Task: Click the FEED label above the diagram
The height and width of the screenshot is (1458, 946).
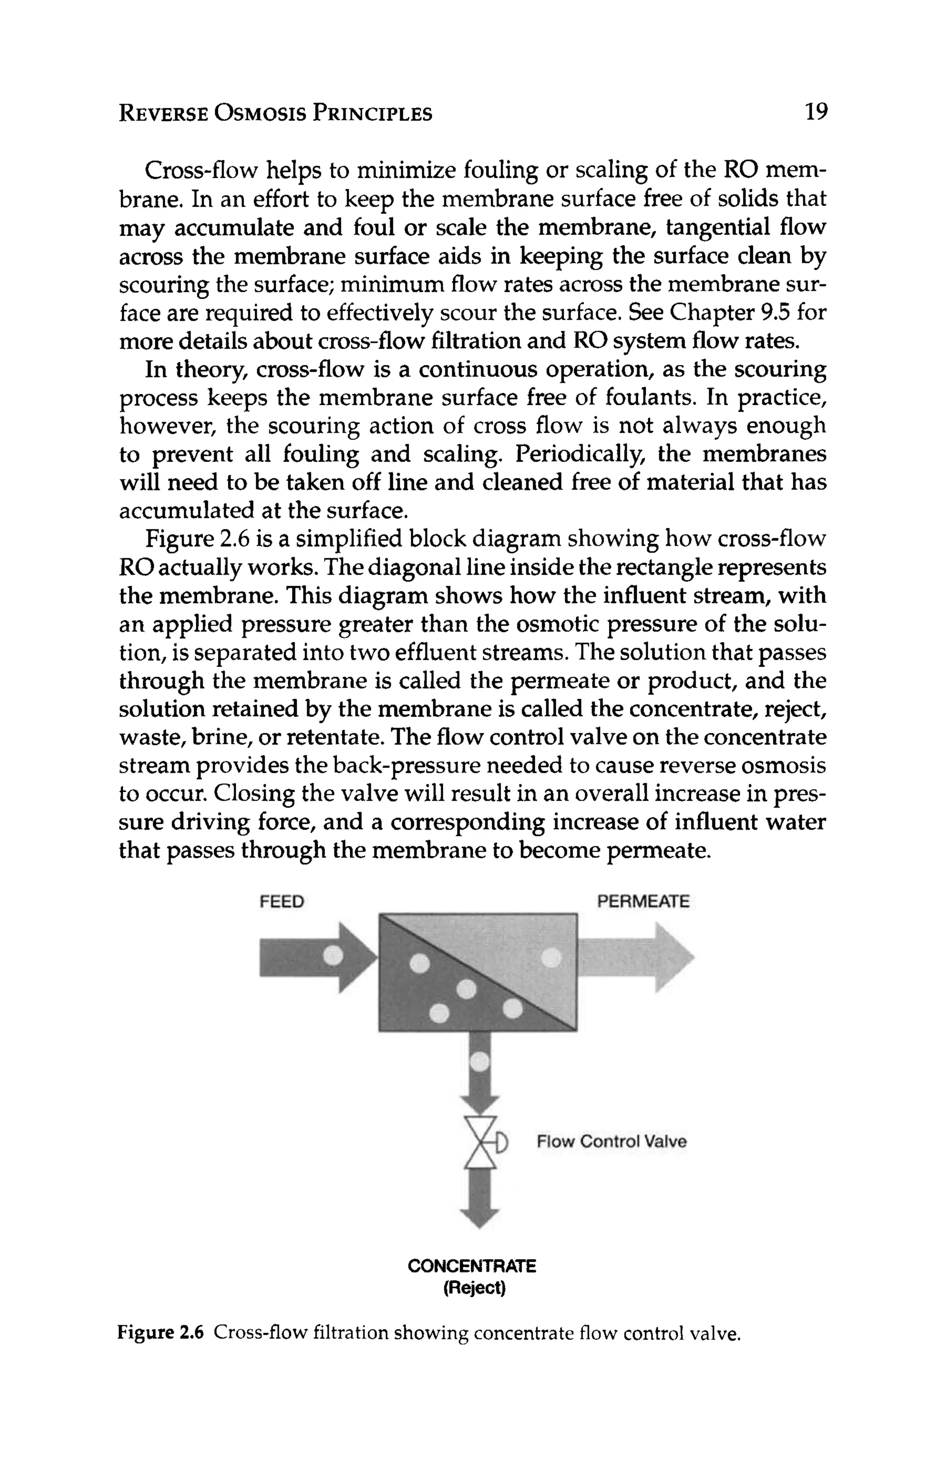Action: (x=282, y=901)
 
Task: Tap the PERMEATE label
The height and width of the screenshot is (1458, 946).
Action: (x=643, y=901)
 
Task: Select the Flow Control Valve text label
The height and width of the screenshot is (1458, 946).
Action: (x=611, y=1141)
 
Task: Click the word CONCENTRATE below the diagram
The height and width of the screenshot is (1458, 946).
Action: (x=471, y=1266)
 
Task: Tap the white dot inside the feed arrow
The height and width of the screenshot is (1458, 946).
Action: (x=333, y=954)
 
